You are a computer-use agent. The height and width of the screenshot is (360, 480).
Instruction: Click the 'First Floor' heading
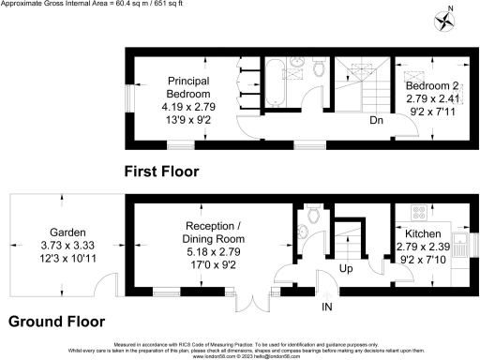coord(161,171)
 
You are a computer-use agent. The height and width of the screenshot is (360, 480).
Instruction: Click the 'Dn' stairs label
coord(375,121)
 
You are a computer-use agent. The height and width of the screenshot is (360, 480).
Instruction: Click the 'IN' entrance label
coord(326,307)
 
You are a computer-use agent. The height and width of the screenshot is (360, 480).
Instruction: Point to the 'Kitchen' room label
coord(423,233)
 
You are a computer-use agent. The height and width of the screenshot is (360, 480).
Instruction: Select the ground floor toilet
coord(312,217)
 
